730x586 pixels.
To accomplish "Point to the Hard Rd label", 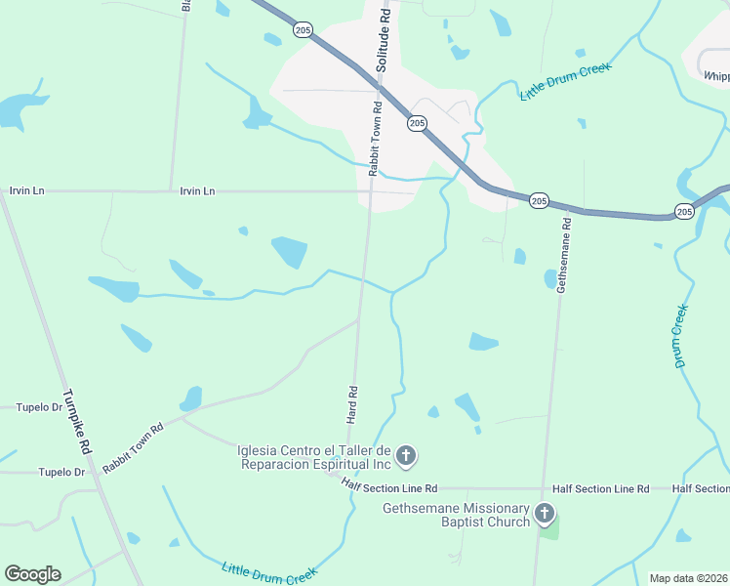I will (x=352, y=404).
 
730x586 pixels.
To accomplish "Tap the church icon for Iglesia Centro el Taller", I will (x=406, y=455).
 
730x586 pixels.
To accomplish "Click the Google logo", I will (x=32, y=574).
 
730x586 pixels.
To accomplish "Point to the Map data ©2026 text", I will (x=688, y=578).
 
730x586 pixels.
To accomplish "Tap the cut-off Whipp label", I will (x=715, y=74).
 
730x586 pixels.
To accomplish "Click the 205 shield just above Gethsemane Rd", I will (x=539, y=200).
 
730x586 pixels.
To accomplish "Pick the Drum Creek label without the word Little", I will (x=681, y=335).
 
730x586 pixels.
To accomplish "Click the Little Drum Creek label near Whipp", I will (x=565, y=81).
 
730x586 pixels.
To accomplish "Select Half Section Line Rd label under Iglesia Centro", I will (x=389, y=485).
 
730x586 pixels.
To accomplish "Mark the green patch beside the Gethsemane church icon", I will (x=551, y=530).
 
